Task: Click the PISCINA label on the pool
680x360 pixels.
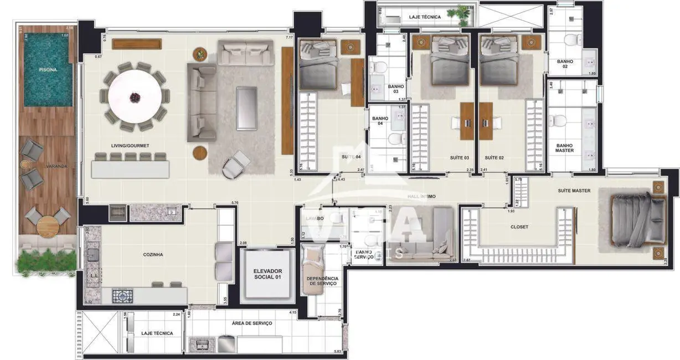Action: tap(47, 70)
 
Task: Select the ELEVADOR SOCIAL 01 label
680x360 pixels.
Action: tap(267, 274)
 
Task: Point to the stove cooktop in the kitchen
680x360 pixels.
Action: tap(121, 296)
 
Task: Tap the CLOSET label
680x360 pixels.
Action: tap(519, 227)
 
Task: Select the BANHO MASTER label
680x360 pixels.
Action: tap(564, 148)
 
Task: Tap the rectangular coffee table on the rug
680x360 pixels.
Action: tap(246, 108)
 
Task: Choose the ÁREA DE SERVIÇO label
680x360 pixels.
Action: tap(252, 323)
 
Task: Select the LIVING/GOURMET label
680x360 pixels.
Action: tap(130, 146)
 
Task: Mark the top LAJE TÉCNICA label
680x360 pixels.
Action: tap(425, 17)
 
